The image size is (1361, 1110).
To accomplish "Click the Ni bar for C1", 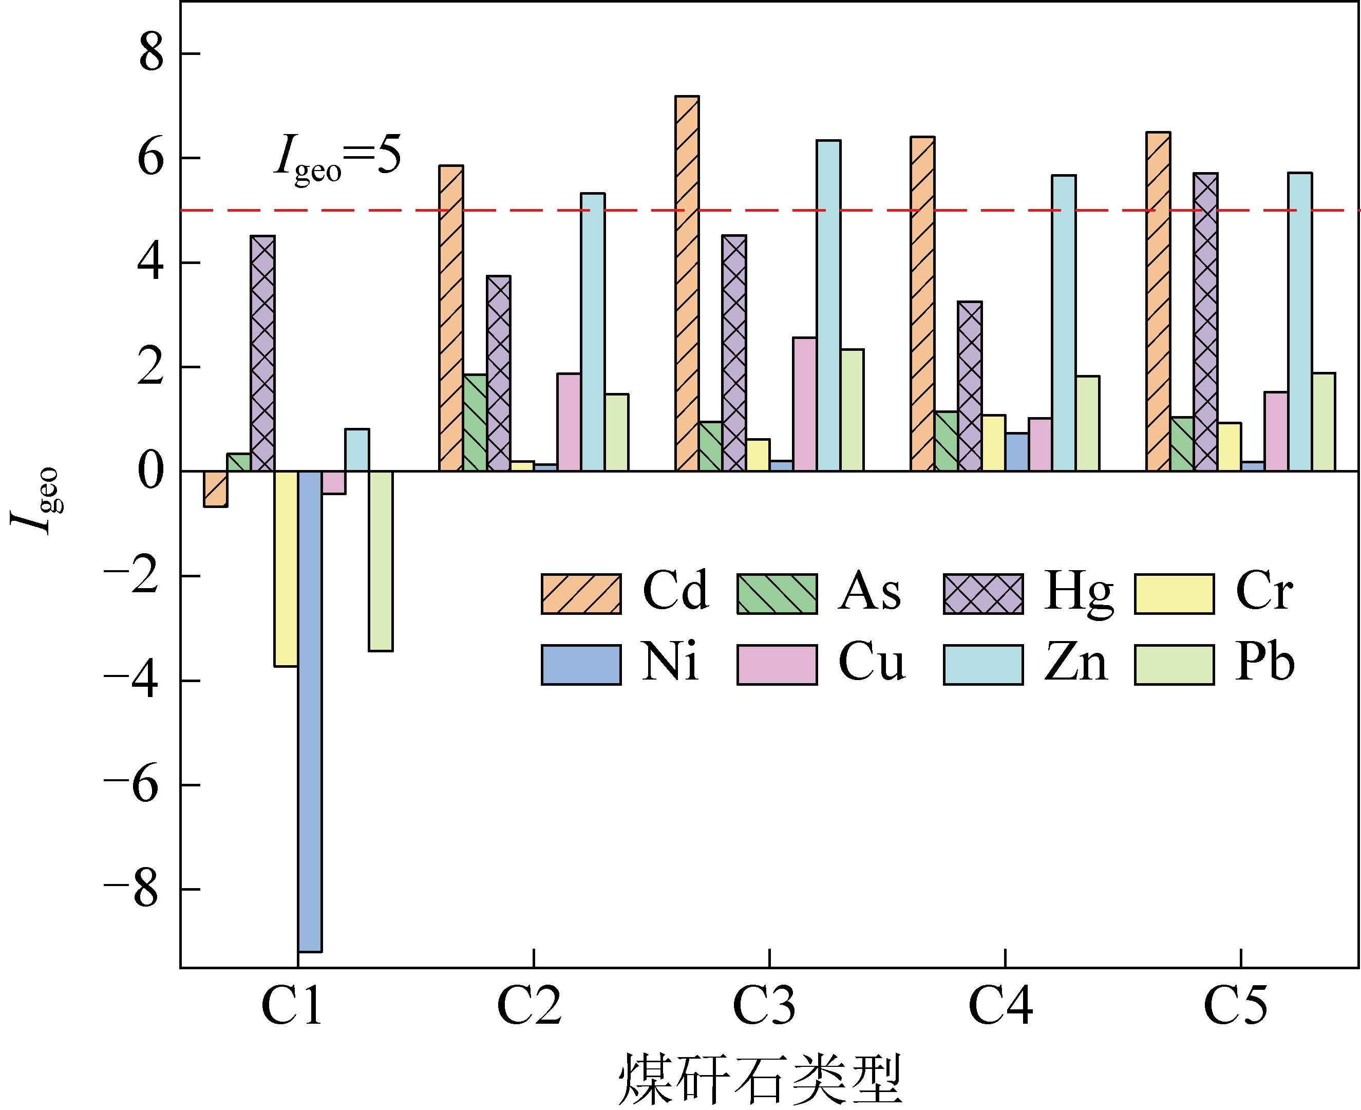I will tap(310, 711).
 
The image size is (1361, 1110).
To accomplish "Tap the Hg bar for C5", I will tap(1205, 322).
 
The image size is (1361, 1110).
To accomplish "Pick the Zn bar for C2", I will tap(593, 332).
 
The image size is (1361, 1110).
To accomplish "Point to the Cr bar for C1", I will tap(286, 569).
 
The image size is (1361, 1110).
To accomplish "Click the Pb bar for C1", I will tap(381, 561).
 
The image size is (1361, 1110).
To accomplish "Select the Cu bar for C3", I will tap(805, 404).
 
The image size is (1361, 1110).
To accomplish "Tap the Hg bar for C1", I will tap(263, 353).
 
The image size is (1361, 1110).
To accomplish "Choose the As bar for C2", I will tap(475, 423).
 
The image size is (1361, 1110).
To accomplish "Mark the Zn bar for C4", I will tap(1064, 323).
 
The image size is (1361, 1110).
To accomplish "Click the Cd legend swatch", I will tap(581, 594).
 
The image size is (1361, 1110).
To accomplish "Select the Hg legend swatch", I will tap(983, 594).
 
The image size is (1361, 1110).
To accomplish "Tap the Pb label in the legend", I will tap(1264, 663).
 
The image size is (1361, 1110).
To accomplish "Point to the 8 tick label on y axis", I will tap(152, 54).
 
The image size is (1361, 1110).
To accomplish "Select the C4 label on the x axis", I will tap(1000, 1006).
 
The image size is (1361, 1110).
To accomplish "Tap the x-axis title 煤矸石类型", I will tap(760, 1079).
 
